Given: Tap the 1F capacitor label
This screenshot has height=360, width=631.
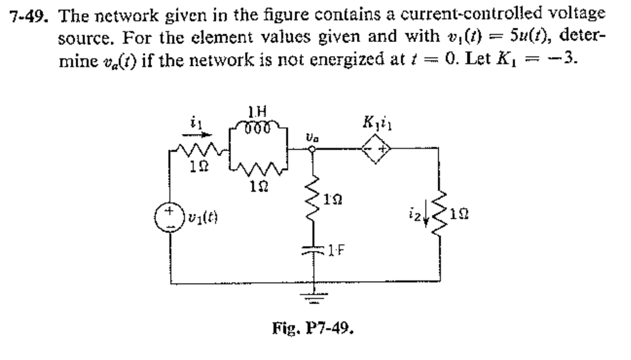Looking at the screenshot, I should [336, 250].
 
